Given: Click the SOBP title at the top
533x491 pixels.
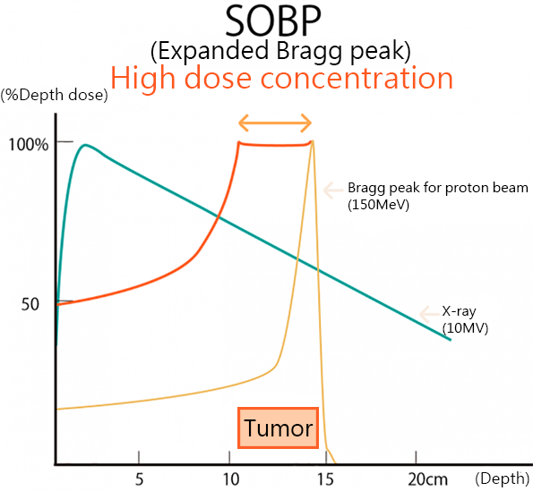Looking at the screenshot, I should click(x=274, y=21).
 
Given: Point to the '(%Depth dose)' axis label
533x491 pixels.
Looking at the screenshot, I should click(x=55, y=94).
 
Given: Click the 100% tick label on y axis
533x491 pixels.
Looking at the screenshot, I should click(x=29, y=143).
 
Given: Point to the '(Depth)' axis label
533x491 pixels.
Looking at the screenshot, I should click(x=503, y=478).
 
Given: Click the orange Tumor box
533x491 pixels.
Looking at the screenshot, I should click(x=279, y=428).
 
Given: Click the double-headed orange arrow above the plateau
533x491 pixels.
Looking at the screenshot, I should click(x=274, y=123).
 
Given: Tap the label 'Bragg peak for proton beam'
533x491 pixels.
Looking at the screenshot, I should click(x=438, y=189).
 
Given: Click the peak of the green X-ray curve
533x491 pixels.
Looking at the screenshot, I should click(x=86, y=145).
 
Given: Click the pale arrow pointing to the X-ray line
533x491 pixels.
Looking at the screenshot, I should click(x=427, y=313).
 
